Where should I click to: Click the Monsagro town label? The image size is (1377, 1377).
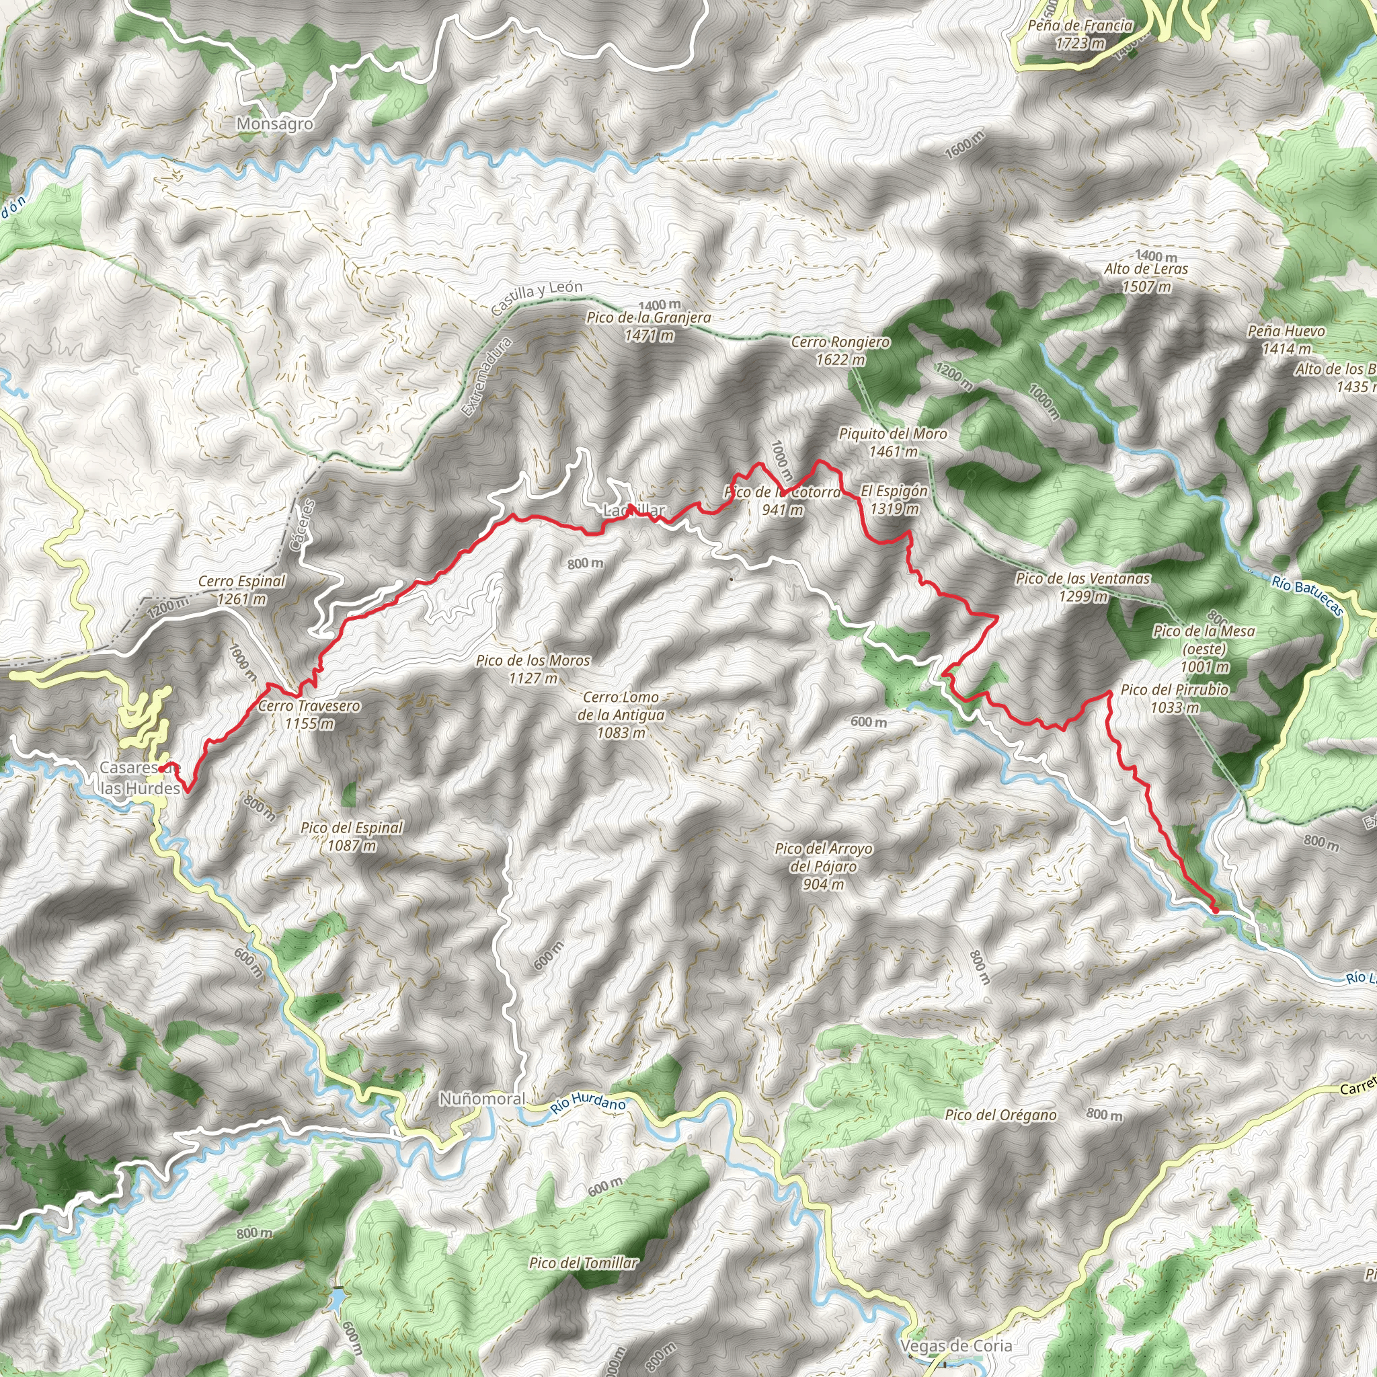pos(274,124)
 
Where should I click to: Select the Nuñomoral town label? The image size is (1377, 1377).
pos(482,1099)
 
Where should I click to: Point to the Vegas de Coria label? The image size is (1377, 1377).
pos(956,1345)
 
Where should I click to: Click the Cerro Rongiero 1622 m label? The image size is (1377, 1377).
pos(840,351)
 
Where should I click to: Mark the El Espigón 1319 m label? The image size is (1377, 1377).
pos(894,500)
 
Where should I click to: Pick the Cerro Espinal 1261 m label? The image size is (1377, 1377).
pos(241,590)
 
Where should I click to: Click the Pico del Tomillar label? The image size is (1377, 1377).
pos(583,1263)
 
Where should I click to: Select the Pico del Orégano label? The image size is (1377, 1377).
pos(1000,1115)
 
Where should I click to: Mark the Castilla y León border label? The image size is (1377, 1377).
pos(537,297)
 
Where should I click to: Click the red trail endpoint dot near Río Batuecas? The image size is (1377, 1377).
pos(1214,910)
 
